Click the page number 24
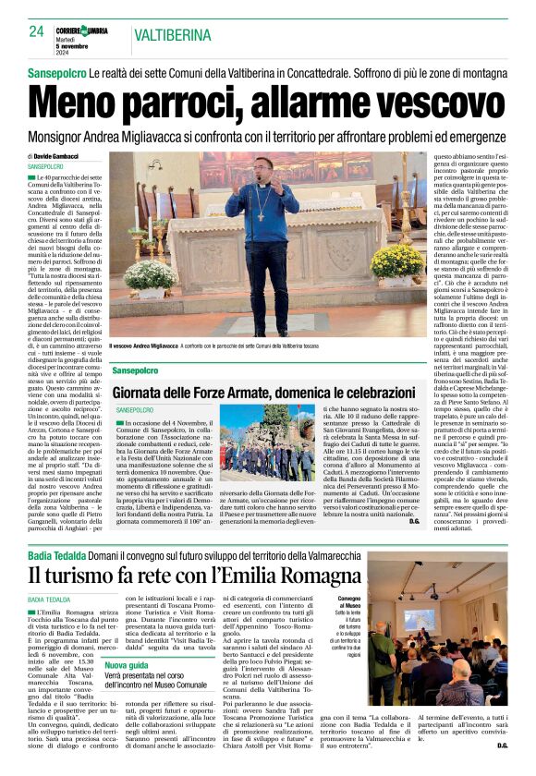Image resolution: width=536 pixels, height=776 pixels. (36, 31)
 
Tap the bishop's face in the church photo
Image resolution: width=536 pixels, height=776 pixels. (262, 173)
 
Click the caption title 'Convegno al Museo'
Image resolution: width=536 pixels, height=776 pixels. (348, 600)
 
